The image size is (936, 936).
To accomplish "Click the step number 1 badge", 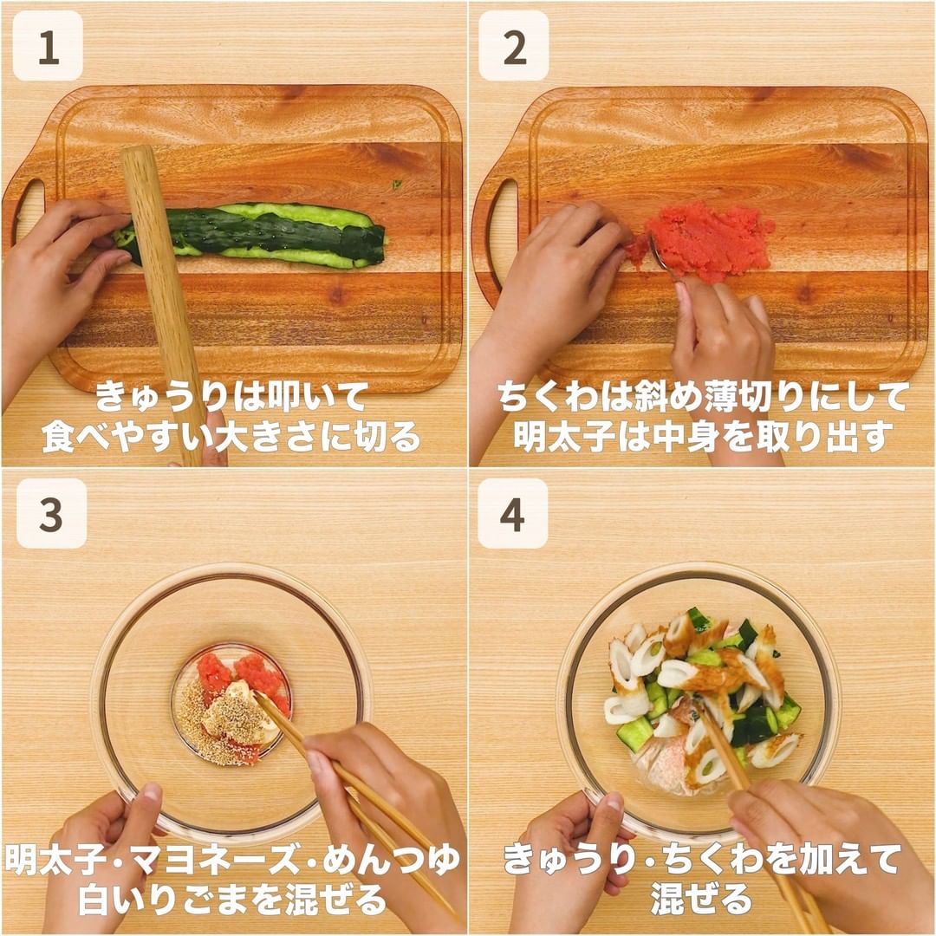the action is coord(48,46).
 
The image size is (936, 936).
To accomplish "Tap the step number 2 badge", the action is coord(514,46).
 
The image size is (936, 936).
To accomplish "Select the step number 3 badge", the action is coord(51,513).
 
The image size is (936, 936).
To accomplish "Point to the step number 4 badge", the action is coord(513,513).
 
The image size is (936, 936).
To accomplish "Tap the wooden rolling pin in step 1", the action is coord(162,304).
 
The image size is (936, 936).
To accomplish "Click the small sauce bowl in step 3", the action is coord(231,705).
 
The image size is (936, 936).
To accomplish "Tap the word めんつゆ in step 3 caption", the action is coord(392,861).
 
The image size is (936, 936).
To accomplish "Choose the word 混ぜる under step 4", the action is coord(701,900).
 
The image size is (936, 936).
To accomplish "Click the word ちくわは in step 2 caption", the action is coord(560,396).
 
